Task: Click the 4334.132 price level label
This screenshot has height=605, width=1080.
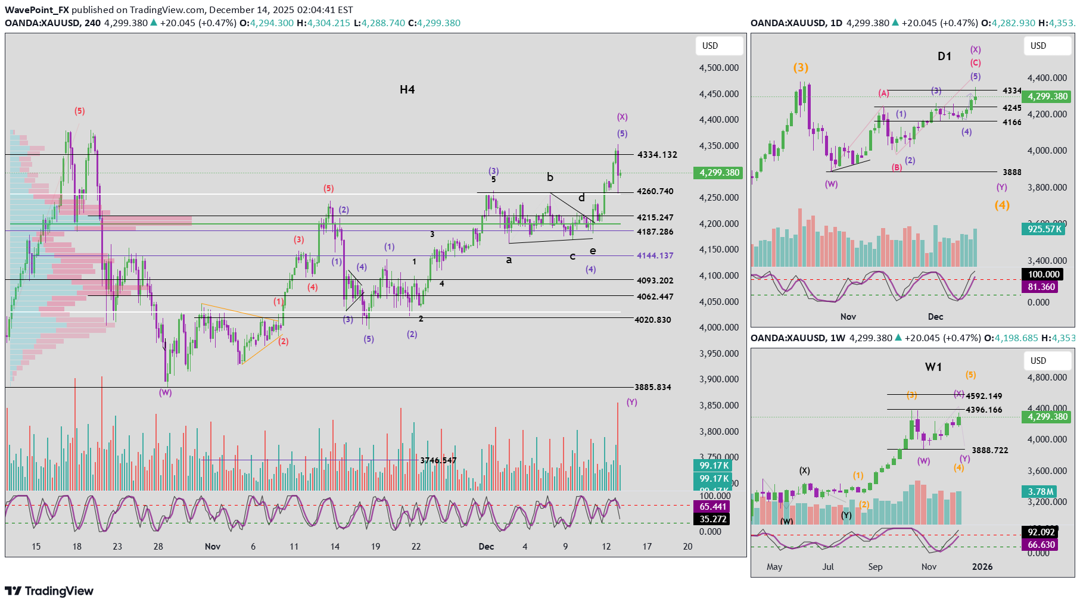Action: coord(657,155)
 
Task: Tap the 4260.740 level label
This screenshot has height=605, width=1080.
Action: coord(655,192)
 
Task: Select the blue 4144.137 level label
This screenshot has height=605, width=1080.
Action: coord(655,255)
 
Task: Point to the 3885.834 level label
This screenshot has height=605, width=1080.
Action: coord(652,387)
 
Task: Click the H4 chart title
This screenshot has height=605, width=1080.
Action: coord(407,90)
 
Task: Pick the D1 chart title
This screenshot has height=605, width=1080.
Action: coord(944,57)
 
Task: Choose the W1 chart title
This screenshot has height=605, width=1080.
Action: coord(933,367)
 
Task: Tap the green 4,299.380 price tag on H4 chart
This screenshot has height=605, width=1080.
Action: coord(719,173)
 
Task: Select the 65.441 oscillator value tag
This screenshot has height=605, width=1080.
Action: coord(712,507)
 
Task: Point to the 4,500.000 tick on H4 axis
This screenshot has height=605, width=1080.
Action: coord(718,68)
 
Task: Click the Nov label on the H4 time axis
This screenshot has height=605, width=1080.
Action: coord(213,547)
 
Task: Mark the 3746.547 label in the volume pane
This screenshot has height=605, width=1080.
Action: coord(438,460)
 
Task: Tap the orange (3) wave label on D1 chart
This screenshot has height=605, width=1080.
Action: coord(801,68)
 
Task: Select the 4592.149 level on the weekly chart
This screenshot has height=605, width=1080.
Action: coord(983,396)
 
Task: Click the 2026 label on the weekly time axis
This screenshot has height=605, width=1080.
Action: coord(982,567)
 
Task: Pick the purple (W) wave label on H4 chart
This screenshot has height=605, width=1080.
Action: coord(165,393)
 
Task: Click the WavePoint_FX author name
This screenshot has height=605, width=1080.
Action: coord(37,10)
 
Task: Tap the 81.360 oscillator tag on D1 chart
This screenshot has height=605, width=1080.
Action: coord(1041,287)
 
